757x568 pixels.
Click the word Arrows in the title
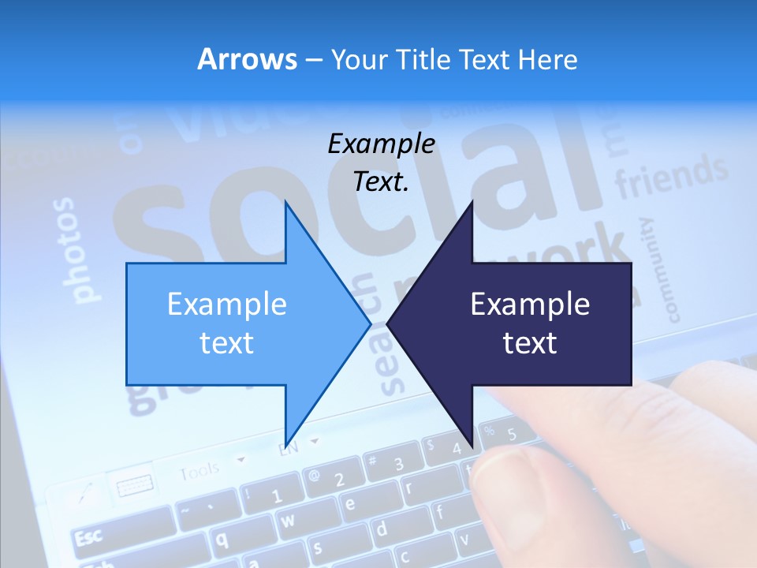click(x=247, y=59)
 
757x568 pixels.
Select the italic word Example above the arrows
click(x=382, y=144)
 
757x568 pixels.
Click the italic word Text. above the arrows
click(x=382, y=182)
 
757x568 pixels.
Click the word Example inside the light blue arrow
click(x=227, y=305)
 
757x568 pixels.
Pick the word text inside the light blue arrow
click(x=227, y=343)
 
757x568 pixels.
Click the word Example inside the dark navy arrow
click(x=530, y=305)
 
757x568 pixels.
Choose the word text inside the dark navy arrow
click(x=530, y=343)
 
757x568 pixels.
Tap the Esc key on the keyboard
click(x=88, y=538)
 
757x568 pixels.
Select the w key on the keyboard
click(x=288, y=520)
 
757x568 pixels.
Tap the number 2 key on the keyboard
click(x=337, y=480)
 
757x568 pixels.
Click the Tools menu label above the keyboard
click(x=199, y=472)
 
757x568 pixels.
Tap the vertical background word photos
click(x=78, y=250)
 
